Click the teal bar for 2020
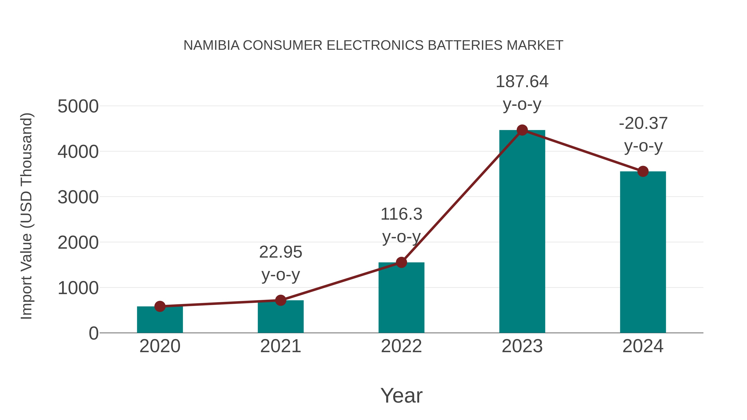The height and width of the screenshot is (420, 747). pyautogui.click(x=160, y=320)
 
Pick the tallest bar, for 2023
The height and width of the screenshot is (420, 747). pyautogui.click(x=522, y=232)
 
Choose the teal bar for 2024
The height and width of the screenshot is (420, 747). pyautogui.click(x=643, y=252)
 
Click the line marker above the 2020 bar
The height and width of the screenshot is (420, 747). pyautogui.click(x=160, y=306)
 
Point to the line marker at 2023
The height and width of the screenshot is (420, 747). pyautogui.click(x=522, y=130)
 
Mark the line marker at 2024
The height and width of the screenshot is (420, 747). pyautogui.click(x=643, y=171)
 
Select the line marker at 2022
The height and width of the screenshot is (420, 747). pyautogui.click(x=401, y=262)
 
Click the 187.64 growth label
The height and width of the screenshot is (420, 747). pyautogui.click(x=522, y=82)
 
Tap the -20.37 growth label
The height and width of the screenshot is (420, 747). pyautogui.click(x=643, y=123)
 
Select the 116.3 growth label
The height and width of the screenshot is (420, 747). pyautogui.click(x=401, y=214)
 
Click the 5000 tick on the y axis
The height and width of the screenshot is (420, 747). pyautogui.click(x=78, y=106)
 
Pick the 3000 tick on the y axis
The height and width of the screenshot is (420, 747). pyautogui.click(x=78, y=197)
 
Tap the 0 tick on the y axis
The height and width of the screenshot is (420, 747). pyautogui.click(x=93, y=333)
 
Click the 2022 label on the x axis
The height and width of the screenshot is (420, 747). pyautogui.click(x=401, y=346)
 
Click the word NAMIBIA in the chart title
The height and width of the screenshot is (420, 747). pyautogui.click(x=211, y=45)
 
